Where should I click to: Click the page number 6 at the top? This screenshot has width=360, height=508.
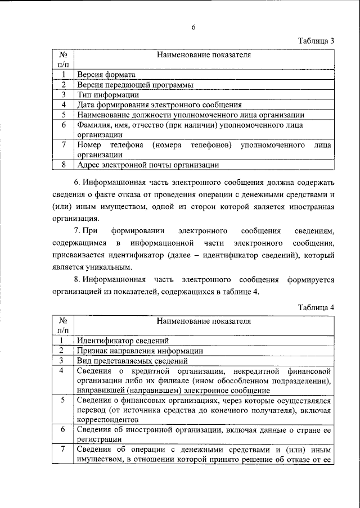192,26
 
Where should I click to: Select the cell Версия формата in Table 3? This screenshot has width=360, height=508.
106,74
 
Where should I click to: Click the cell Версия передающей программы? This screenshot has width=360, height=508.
135,84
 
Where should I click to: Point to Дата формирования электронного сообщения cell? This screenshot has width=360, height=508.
159,105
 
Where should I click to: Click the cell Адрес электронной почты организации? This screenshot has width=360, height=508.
147,165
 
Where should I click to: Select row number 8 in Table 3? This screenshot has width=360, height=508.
64,165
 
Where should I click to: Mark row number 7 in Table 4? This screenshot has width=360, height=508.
64,450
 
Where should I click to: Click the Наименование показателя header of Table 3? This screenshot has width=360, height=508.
204,55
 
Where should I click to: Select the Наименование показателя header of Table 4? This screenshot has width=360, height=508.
204,322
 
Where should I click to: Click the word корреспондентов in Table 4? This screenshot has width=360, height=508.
107,420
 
